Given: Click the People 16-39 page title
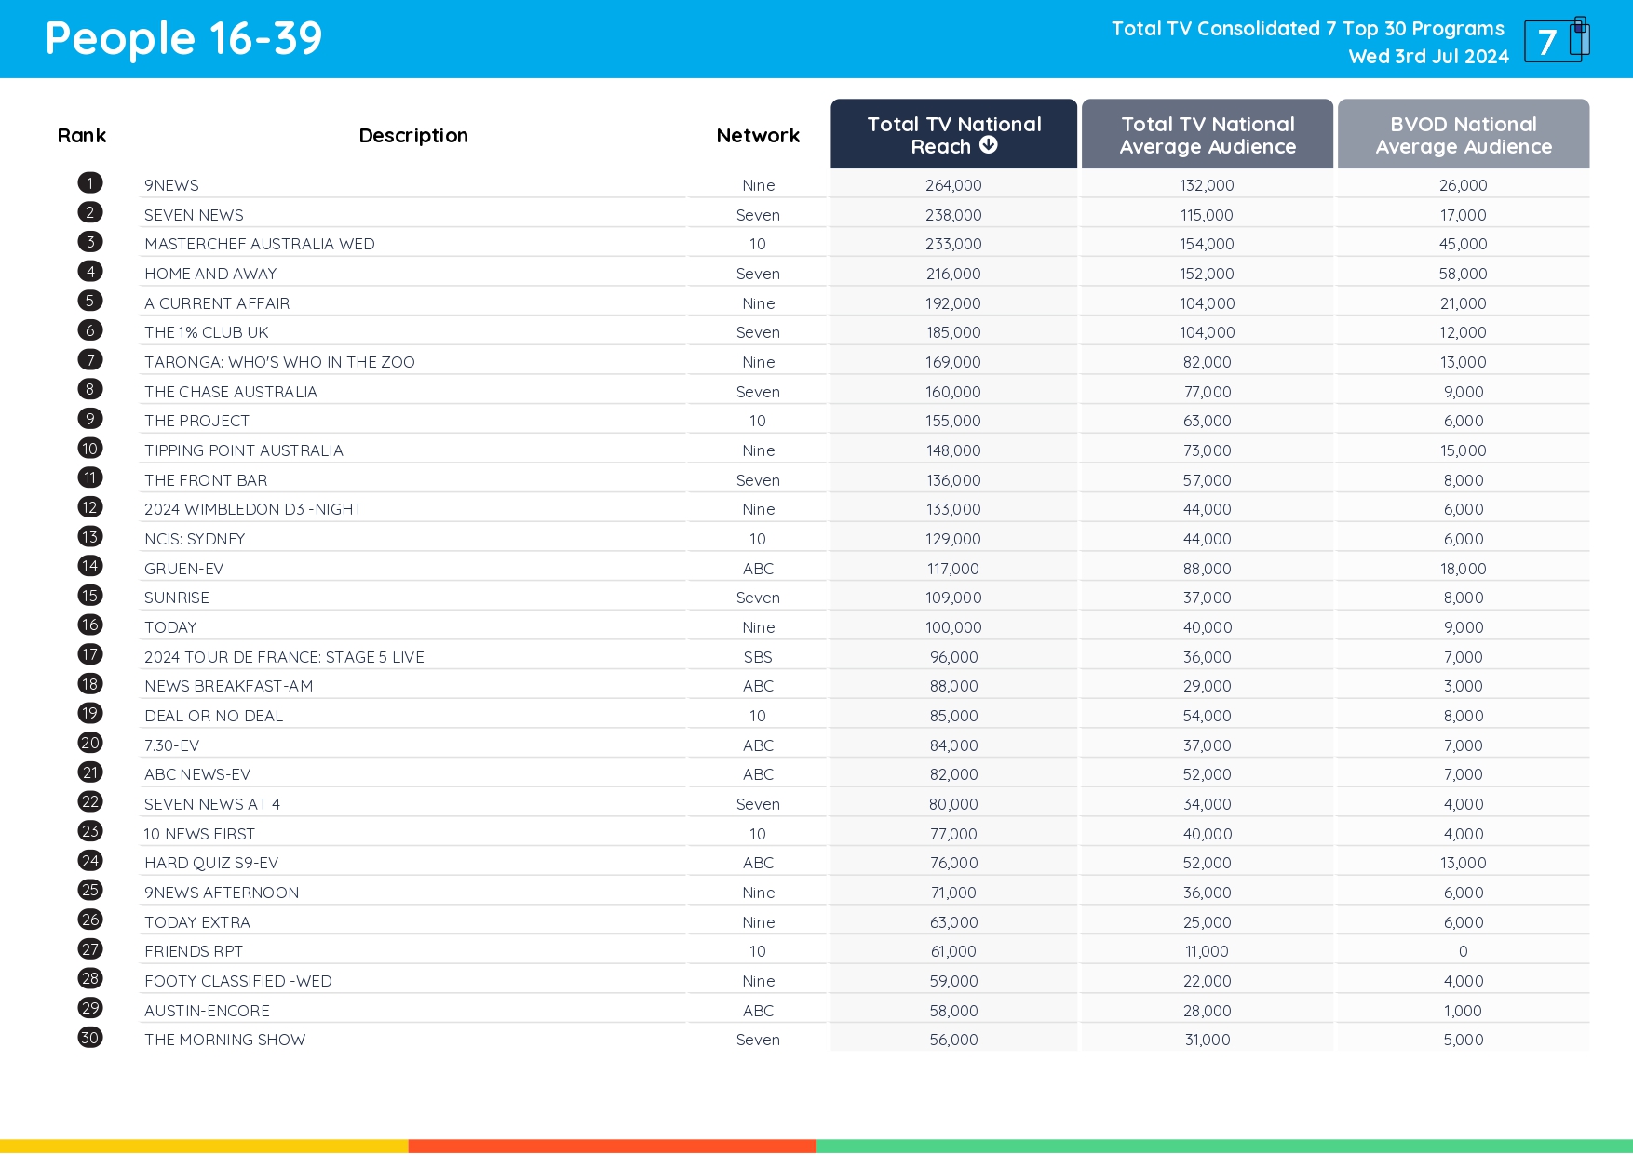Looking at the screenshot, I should click(183, 39).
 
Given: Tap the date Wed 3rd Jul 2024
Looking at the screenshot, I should click(1428, 57).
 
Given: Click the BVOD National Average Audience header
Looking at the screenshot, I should click(1463, 135).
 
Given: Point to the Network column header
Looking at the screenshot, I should click(758, 136).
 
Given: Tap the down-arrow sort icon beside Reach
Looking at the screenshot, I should click(989, 145).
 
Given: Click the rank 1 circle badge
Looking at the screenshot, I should click(90, 183).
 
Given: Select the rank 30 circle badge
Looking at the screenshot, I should click(90, 1038).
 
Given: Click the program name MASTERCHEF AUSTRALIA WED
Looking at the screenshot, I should click(259, 244).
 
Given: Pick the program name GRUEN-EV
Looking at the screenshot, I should click(183, 569).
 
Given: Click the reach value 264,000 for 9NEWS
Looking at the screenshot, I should click(953, 185).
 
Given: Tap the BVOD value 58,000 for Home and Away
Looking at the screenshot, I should click(1463, 274).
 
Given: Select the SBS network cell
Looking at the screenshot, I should click(758, 657).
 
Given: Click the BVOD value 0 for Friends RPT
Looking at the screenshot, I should click(1463, 951).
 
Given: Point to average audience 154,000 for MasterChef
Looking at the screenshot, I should click(1207, 244).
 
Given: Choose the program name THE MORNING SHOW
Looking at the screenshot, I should click(224, 1040).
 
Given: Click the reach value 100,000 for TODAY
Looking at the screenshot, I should click(953, 627).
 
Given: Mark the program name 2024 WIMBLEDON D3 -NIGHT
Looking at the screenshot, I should click(252, 509).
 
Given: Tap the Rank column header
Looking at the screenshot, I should click(82, 136).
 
